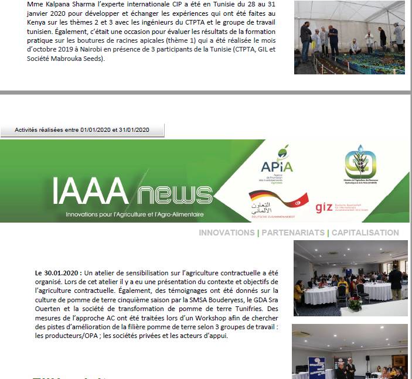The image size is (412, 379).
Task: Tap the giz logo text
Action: (324, 207)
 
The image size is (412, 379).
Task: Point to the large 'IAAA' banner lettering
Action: (89, 191)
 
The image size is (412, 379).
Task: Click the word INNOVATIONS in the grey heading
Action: (226, 233)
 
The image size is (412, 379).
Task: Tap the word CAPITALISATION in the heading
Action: (365, 233)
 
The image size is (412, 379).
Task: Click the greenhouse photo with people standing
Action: (349, 37)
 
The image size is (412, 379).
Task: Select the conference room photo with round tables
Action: (350, 278)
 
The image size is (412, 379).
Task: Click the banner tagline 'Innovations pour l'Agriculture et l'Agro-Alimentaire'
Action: (135, 214)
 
